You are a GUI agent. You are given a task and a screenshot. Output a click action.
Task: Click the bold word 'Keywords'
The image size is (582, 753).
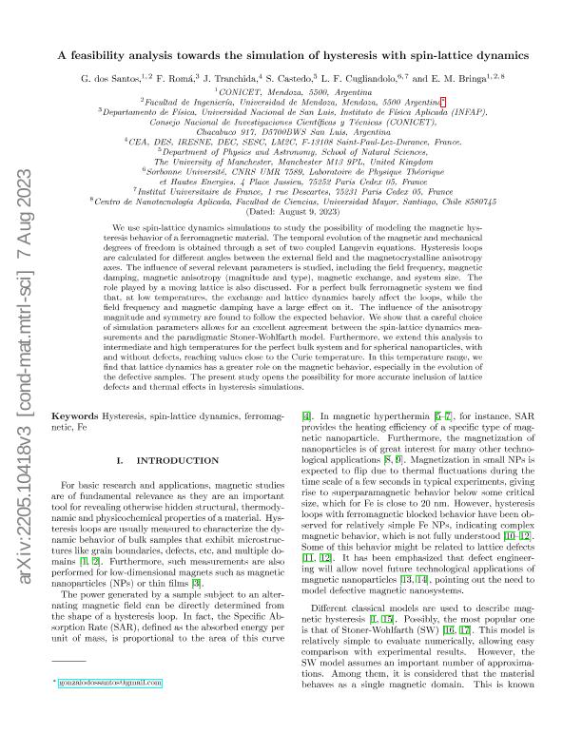click(73, 416)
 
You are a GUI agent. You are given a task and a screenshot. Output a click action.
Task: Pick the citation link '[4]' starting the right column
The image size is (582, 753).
click(306, 416)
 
